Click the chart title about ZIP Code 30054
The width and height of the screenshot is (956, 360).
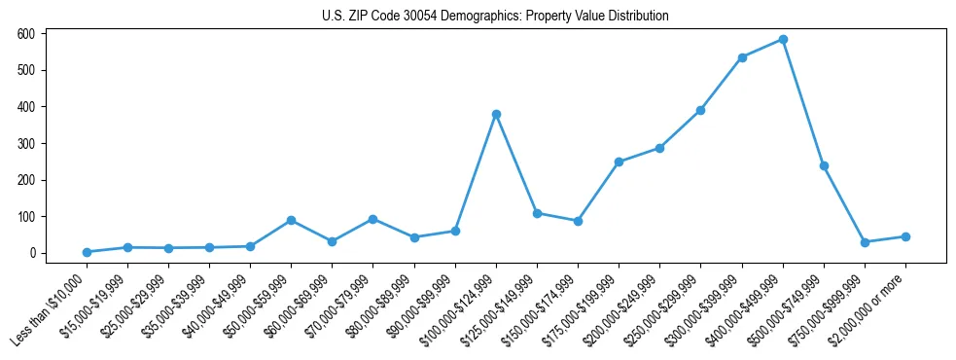pos(495,17)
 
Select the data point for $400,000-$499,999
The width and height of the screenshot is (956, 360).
pos(783,40)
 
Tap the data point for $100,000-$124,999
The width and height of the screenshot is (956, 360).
pos(496,114)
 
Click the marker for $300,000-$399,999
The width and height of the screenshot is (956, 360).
pos(742,57)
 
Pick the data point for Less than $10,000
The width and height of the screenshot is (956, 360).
pos(87,252)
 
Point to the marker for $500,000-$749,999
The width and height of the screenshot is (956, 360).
pos(824,165)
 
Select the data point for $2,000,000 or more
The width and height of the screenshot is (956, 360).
pos(905,236)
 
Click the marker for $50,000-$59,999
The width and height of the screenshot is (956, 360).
pos(291,220)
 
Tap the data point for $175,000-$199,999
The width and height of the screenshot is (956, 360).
pos(619,162)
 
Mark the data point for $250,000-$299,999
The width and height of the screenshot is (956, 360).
pos(700,111)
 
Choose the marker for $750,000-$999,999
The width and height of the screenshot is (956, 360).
pos(865,242)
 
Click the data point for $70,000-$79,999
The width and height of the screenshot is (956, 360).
pos(372,219)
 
